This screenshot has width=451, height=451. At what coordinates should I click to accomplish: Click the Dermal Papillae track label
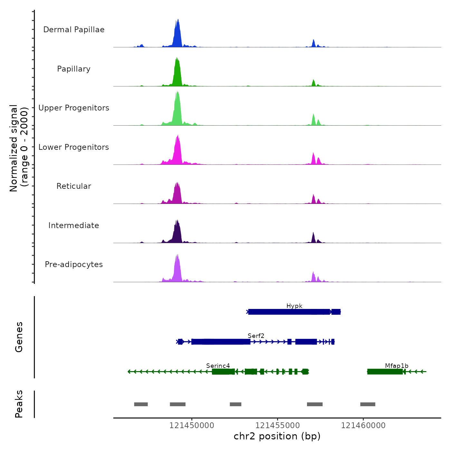pos(74,30)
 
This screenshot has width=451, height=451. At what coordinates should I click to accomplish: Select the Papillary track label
pos(74,69)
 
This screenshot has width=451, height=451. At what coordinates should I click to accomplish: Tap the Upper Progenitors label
pos(74,108)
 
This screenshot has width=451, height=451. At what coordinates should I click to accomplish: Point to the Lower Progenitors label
pos(74,147)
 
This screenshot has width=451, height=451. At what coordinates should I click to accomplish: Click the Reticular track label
pos(74,186)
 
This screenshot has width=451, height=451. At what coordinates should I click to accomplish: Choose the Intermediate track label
pos(74,225)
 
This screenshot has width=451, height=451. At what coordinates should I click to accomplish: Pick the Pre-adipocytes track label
pos(74,264)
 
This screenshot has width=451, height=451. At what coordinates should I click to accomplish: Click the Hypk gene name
pos(294,306)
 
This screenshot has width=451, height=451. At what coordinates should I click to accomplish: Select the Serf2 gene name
pos(256,336)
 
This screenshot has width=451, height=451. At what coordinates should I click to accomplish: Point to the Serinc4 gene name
pos(218,366)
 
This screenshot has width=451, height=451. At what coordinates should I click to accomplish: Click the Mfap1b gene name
pos(397,366)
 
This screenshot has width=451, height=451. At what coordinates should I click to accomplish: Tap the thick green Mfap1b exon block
pos(385,372)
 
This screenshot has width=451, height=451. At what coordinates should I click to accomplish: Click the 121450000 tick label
pos(192,426)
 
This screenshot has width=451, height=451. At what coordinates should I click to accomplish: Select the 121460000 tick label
pos(363,426)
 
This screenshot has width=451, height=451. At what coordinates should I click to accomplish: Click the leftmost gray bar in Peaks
pos(141,404)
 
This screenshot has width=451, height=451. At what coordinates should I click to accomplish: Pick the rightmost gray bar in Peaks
pos(368,404)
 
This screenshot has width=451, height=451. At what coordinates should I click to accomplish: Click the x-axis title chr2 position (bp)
pos(277,436)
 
